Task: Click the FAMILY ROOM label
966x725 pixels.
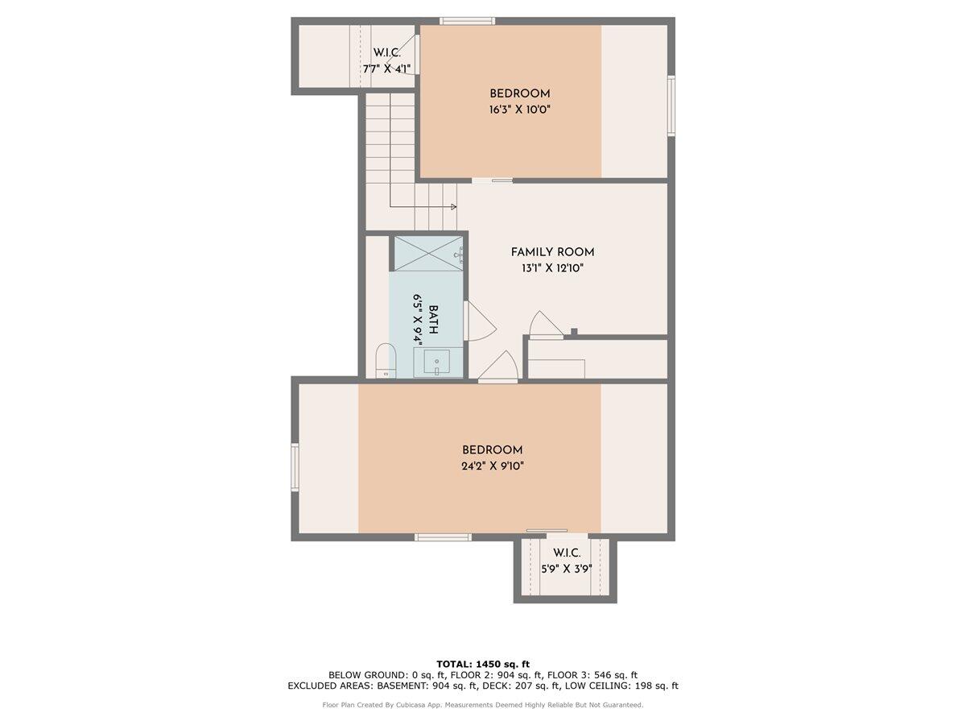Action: coord(552,252)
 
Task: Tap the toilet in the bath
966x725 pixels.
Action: coord(386,361)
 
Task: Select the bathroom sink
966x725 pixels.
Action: coord(436,362)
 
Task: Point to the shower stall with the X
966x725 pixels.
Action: coord(428,254)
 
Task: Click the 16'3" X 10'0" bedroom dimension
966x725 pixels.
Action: coord(520,110)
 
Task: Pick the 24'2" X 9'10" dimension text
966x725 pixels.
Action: coord(493,466)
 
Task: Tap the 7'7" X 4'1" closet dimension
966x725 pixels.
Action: coord(386,69)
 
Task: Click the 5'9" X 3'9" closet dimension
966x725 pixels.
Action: coord(567,569)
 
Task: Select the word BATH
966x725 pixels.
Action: coord(433,320)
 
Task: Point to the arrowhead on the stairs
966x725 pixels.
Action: coord(454,206)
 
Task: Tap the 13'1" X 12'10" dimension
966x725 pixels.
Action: coord(552,268)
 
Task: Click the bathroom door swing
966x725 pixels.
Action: coord(481,321)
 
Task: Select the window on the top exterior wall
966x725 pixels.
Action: coord(468,21)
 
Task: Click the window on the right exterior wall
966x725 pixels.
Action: coord(671,106)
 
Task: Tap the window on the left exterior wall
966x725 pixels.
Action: coord(295,467)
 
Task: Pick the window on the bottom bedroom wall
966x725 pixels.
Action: coord(444,536)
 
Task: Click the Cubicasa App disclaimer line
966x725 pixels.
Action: coord(483,705)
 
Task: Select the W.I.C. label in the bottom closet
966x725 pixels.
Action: coord(567,553)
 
